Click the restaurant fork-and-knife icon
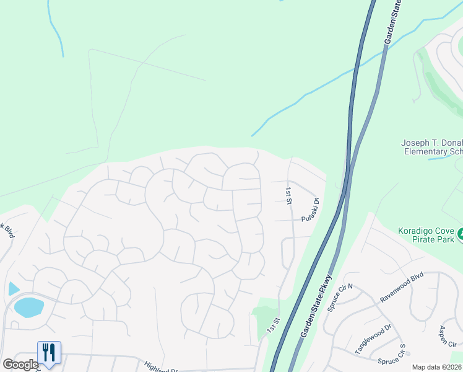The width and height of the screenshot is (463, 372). pos(48,352)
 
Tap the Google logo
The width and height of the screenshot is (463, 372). pos(20,365)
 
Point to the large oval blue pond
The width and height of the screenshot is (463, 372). pos(28,307)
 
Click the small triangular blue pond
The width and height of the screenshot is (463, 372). pos(14,288)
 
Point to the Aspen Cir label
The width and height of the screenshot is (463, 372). pos(447,335)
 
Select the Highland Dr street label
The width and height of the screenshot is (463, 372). pos(160,368)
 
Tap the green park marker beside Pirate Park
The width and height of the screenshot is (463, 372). pos(461,235)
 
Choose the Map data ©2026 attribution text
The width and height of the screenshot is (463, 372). pos(436,367)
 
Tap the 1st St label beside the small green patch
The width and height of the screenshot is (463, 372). pos(273,325)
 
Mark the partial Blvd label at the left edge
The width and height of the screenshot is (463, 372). pos(7,231)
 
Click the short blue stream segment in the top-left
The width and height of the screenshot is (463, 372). pos(55,32)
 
